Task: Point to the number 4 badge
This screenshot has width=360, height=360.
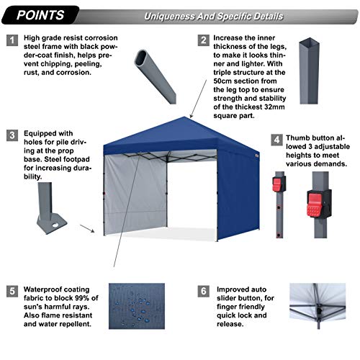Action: click(276, 139)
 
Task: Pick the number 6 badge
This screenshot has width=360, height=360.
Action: click(204, 292)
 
